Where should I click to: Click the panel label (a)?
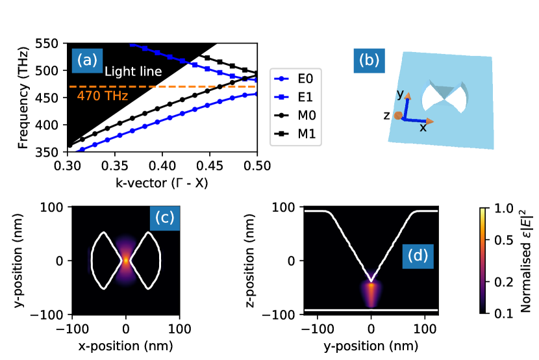pyautogui.click(x=87, y=60)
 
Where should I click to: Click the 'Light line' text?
pyautogui.click(x=133, y=71)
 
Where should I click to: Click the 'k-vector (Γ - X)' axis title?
pyautogui.click(x=162, y=183)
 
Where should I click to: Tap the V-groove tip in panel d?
pyautogui.click(x=371, y=281)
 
